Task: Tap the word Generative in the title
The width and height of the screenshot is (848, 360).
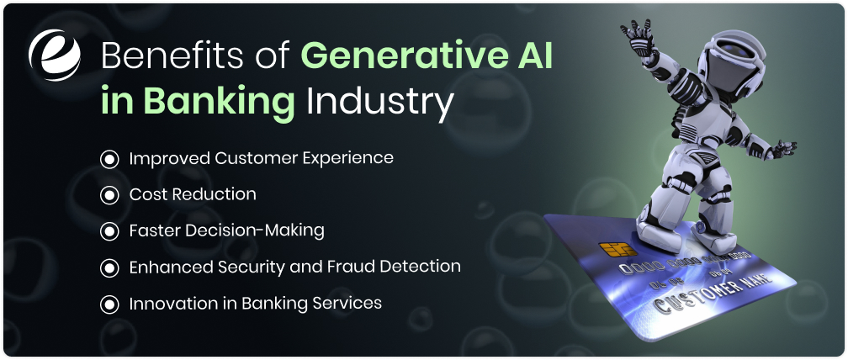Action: click(x=396, y=56)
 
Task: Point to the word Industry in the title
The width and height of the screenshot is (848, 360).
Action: click(x=379, y=103)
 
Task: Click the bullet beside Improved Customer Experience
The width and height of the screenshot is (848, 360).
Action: click(x=109, y=158)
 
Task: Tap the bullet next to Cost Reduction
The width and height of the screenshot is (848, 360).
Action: click(x=109, y=195)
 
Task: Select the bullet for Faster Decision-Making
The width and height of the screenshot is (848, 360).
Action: click(x=109, y=230)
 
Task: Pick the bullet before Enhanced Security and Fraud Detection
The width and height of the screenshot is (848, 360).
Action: click(x=109, y=267)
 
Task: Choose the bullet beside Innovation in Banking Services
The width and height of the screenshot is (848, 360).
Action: click(x=109, y=304)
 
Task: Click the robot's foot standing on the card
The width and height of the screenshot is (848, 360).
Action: click(x=660, y=231)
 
